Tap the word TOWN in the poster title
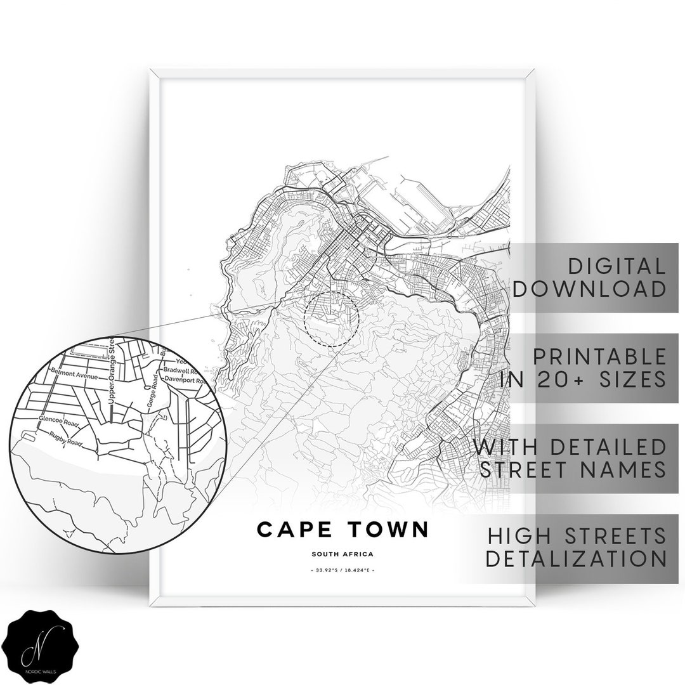point(388,529)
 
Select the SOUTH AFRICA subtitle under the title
point(342,554)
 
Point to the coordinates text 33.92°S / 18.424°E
point(342,571)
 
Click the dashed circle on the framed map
point(332,319)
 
